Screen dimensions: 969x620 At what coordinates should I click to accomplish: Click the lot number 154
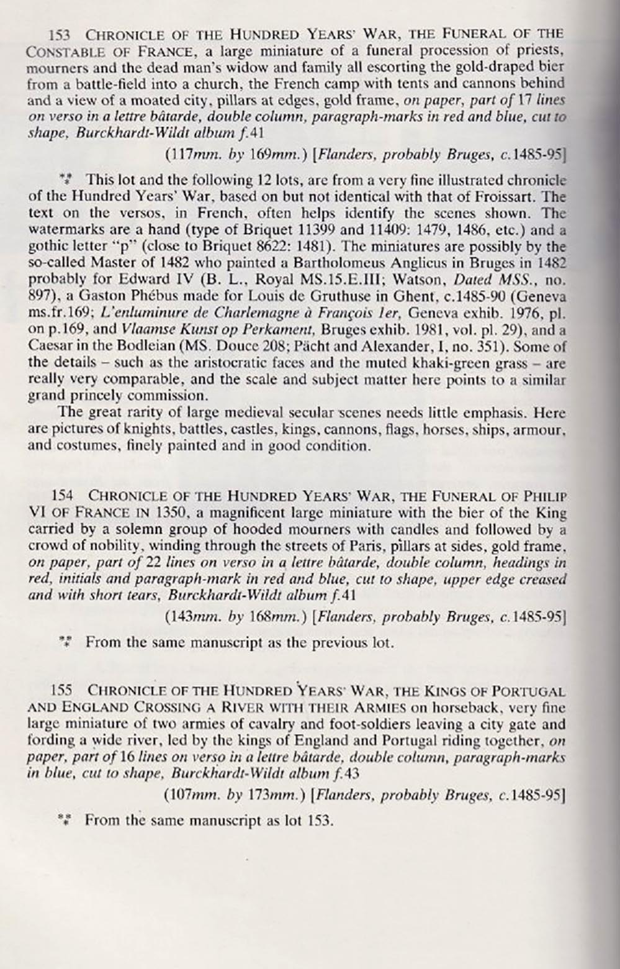pyautogui.click(x=62, y=496)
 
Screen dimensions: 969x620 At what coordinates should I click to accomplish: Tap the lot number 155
pyautogui.click(x=61, y=690)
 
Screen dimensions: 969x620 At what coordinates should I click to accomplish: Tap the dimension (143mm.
pyautogui.click(x=188, y=617)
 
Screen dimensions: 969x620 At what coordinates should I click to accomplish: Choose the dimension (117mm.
pyautogui.click(x=188, y=155)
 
